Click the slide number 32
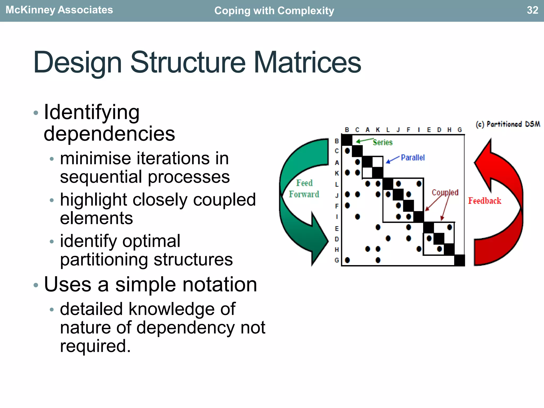click(532, 10)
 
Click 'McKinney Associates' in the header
click(59, 10)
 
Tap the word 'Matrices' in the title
click(307, 62)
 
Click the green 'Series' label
click(382, 142)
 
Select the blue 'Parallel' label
click(413, 158)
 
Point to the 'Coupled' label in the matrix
click(445, 192)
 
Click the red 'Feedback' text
click(484, 201)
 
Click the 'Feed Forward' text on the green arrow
click(304, 189)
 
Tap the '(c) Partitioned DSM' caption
click(508, 124)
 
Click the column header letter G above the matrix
click(460, 130)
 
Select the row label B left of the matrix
click(337, 141)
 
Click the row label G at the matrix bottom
click(337, 260)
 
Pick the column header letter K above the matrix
click(378, 130)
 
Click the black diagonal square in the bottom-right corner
click(460, 260)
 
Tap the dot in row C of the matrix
click(347, 151)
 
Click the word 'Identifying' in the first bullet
click(92, 112)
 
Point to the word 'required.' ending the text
click(95, 346)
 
